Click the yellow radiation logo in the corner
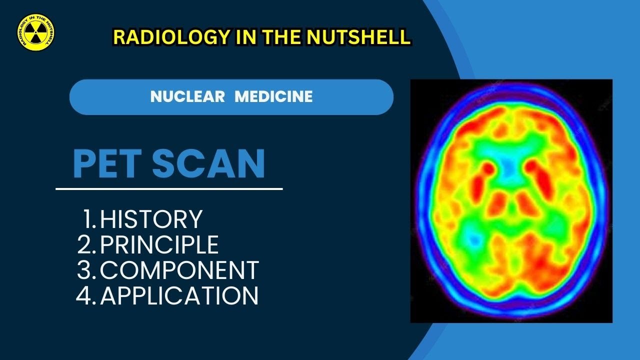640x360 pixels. (35, 32)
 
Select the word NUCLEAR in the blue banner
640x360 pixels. (187, 96)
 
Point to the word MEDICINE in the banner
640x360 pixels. (273, 96)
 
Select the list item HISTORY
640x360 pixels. (151, 219)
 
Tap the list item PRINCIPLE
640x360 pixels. (159, 244)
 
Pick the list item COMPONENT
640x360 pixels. (179, 270)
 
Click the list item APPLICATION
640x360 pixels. (179, 295)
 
